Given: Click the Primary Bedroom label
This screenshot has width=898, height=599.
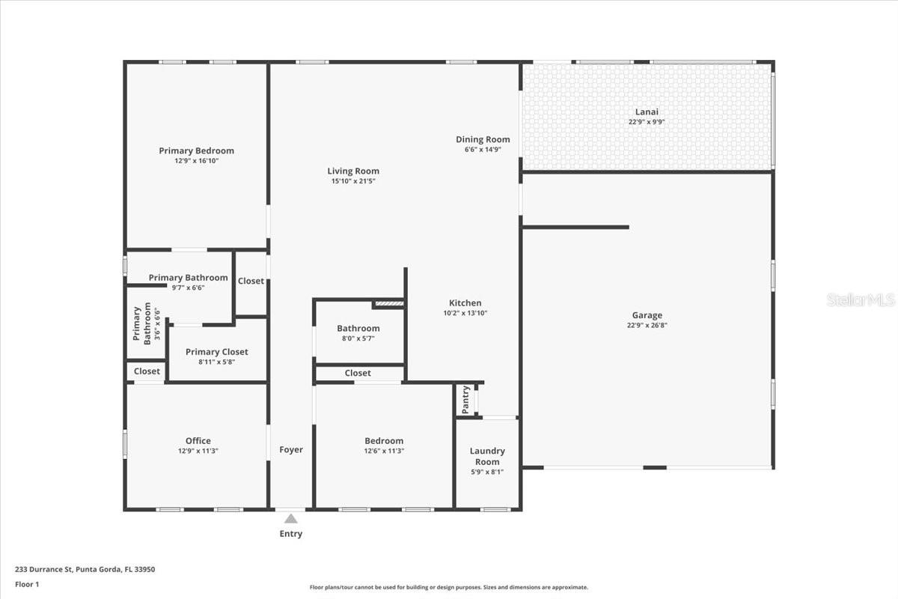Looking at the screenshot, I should tap(196, 150).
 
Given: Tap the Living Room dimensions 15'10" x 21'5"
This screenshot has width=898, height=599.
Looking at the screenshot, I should tap(353, 181).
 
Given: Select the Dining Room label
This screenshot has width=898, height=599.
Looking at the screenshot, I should tap(483, 139).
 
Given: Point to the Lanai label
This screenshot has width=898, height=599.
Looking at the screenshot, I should tap(647, 112).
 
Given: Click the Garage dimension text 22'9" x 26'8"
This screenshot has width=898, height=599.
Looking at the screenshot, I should tap(647, 326).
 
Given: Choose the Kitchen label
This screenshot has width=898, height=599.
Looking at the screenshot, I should tap(465, 302).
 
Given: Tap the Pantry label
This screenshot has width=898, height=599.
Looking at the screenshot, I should tap(465, 399).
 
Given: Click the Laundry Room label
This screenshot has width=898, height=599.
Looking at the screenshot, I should tap(487, 456).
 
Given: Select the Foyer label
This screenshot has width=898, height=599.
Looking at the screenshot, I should tap(291, 449).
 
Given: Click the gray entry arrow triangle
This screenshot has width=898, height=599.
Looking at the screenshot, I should tap(290, 518).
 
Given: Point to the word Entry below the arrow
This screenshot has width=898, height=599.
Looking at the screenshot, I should tap(291, 534).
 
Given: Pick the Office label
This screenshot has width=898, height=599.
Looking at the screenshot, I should tap(198, 440).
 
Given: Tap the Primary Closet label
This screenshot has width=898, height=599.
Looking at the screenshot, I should tap(216, 351).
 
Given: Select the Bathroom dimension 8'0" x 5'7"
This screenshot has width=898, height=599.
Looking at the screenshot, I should tap(358, 338).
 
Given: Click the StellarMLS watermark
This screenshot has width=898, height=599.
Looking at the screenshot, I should tap(861, 300).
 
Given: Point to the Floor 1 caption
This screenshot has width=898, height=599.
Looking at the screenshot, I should tap(27, 583).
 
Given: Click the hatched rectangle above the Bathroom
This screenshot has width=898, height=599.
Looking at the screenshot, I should tap(388, 304).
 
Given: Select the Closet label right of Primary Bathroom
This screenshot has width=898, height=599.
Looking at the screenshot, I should tap(251, 281).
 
